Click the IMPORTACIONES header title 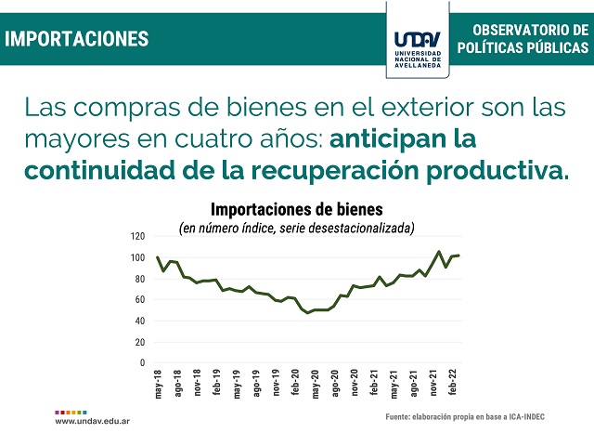tap(76, 39)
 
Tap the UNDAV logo tap(418, 49)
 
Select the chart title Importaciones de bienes tap(297, 209)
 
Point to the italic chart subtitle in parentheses tap(297, 228)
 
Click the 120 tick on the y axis tap(138, 236)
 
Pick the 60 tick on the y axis tap(140, 299)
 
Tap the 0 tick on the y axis tap(142, 363)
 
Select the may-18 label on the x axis tap(159, 384)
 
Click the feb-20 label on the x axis tap(296, 382)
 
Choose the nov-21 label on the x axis tap(433, 383)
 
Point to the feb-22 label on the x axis tap(453, 382)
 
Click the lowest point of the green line tap(307, 312)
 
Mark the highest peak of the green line tap(439, 252)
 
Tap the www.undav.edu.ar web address tap(93, 421)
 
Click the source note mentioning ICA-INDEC tap(465, 417)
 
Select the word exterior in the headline tap(427, 108)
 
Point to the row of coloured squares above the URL tap(71, 413)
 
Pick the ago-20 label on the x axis tap(335, 383)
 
